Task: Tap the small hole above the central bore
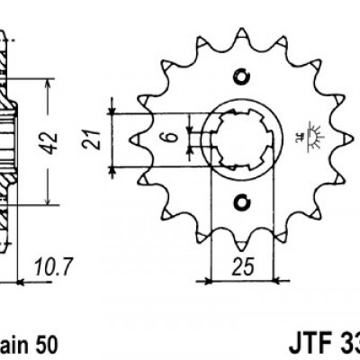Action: point(240,75)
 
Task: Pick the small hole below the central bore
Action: point(240,202)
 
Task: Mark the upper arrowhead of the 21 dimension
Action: point(112,111)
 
